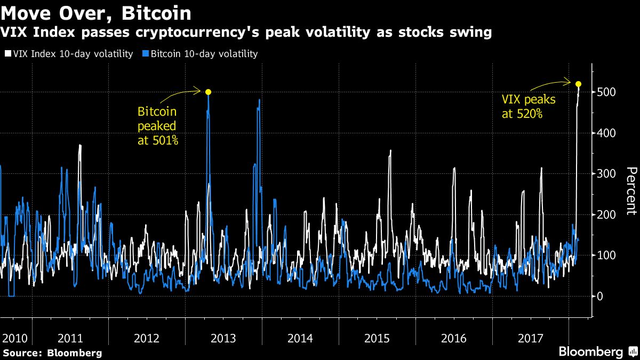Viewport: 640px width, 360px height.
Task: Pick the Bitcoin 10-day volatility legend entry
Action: point(201,54)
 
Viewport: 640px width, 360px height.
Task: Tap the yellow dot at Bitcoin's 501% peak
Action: point(208,92)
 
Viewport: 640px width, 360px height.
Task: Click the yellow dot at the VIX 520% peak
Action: point(578,84)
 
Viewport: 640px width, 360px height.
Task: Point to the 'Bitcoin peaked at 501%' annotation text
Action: point(157,126)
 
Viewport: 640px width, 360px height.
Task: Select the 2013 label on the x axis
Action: point(223,338)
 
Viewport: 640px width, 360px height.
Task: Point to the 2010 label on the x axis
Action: point(14,338)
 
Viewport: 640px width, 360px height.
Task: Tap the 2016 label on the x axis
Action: point(454,338)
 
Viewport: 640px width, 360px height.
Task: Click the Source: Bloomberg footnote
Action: point(52,353)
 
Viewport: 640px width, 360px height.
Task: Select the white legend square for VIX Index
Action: point(7,54)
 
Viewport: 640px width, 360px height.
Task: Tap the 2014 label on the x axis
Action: point(300,338)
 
